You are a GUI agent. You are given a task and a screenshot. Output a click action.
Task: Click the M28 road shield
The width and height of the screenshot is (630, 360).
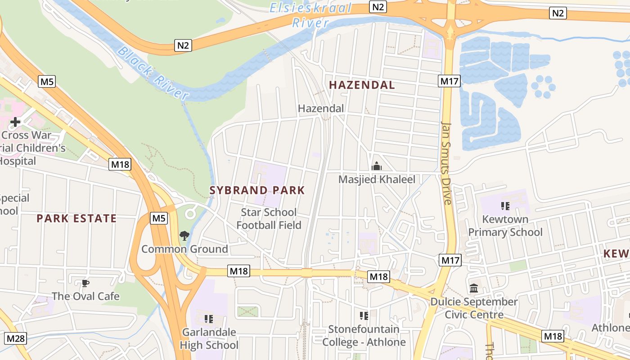[x=16, y=338]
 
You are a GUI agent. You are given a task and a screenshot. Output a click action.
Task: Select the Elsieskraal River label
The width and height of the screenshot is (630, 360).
[x=310, y=15]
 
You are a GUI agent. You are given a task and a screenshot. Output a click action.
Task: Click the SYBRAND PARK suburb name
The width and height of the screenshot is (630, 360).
[x=257, y=190]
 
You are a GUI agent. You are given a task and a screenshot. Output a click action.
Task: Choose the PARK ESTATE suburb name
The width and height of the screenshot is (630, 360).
[x=76, y=219]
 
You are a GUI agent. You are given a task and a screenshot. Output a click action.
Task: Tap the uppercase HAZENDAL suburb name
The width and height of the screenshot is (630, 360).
[x=362, y=85]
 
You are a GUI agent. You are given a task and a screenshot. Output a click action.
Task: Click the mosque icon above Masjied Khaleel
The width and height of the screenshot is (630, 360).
[x=377, y=166]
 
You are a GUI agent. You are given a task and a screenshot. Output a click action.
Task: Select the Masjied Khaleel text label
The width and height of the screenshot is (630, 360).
[x=377, y=180]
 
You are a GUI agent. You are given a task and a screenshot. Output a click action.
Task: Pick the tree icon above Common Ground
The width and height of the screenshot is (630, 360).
[x=184, y=235]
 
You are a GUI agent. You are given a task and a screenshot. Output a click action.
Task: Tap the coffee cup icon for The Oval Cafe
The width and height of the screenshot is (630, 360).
[x=85, y=283]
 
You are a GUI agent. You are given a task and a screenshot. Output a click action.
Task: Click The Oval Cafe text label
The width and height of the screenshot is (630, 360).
[x=85, y=296]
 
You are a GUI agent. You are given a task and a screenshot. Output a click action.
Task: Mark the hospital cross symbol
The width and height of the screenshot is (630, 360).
[x=15, y=121]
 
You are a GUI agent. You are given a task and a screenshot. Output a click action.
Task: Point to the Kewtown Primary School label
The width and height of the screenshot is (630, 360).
[x=505, y=226]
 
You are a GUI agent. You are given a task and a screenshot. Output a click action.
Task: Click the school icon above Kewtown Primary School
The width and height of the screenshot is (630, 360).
[x=505, y=206]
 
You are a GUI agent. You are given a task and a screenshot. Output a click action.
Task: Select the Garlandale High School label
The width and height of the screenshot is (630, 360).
[x=209, y=339]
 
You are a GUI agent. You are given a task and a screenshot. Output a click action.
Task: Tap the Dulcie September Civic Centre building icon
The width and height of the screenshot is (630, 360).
[x=474, y=288]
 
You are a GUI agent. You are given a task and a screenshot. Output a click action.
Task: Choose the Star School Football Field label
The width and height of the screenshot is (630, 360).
[x=269, y=219]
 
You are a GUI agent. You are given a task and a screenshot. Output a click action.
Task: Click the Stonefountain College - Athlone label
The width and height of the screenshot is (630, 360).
[x=364, y=336]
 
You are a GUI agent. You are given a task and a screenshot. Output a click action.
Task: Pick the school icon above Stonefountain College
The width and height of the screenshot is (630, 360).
[x=364, y=315]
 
